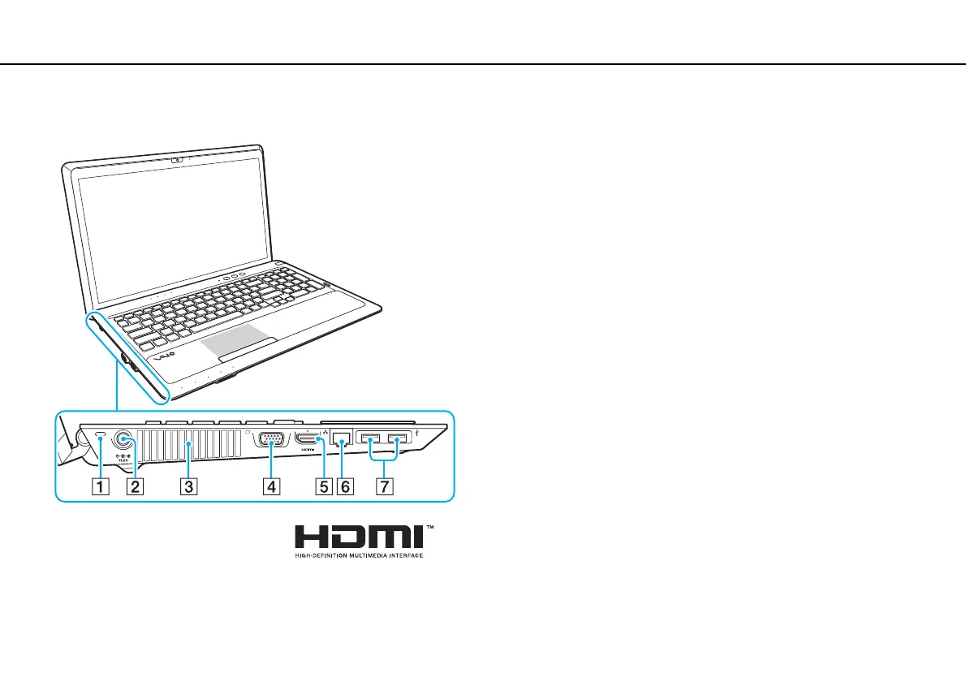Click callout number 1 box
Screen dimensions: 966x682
98,487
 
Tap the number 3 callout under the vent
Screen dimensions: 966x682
188,487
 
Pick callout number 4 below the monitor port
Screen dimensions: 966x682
270,487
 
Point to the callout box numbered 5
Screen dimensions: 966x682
325,487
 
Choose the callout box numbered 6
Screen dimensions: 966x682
345,487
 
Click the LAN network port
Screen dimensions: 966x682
343,442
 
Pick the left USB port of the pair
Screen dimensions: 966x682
371,442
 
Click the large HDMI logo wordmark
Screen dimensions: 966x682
358,537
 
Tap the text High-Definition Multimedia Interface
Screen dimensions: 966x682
358,556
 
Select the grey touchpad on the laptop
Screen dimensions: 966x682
234,344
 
